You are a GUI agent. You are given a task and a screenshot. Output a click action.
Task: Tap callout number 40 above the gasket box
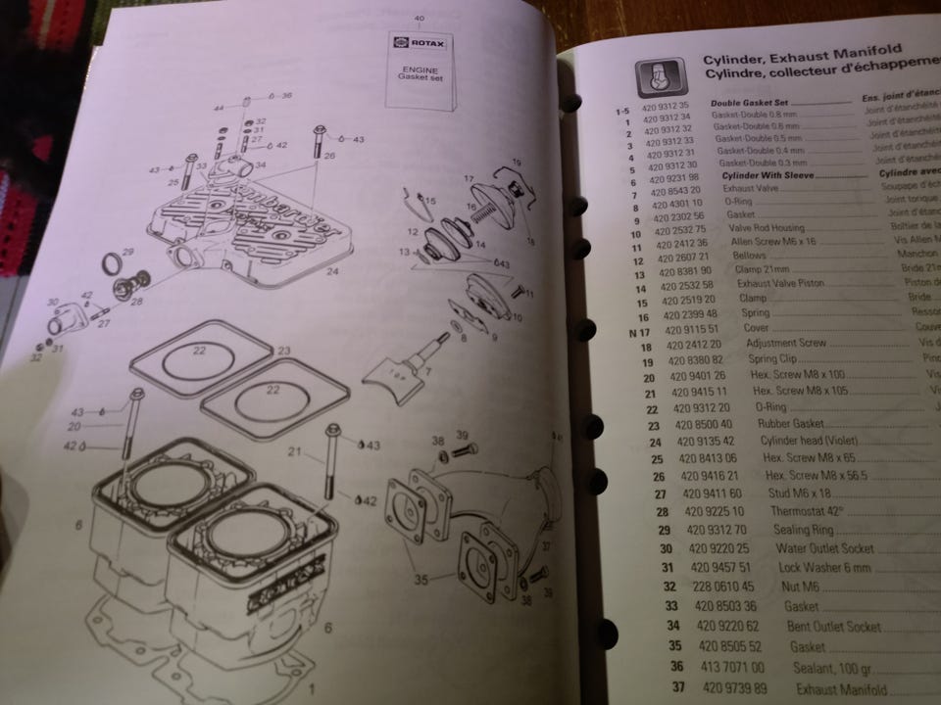click(420, 19)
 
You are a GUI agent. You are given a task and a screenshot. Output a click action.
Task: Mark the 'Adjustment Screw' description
click(786, 344)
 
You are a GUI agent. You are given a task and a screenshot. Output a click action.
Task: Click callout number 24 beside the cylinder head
click(332, 271)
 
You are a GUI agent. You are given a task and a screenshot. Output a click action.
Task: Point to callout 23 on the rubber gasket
click(283, 350)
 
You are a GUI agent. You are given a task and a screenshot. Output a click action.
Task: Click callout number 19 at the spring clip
click(517, 160)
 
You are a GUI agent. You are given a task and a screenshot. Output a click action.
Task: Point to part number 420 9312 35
click(669, 104)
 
